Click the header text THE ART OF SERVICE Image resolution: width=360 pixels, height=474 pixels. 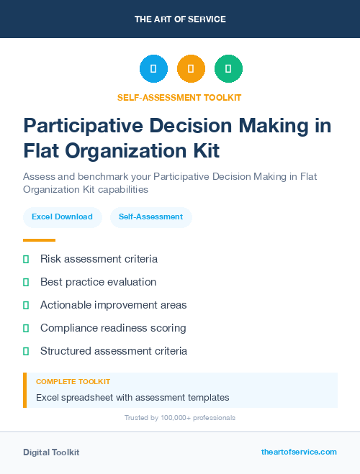point(180,19)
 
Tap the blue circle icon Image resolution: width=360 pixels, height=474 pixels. point(153,69)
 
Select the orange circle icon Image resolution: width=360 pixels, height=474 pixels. point(191,69)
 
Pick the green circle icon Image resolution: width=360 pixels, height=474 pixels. point(228,69)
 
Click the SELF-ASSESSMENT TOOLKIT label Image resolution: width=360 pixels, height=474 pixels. point(179,97)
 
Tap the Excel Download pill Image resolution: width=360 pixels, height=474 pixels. point(62,217)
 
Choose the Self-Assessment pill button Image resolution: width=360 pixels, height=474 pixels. point(150,217)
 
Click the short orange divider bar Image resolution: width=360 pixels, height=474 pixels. point(39,240)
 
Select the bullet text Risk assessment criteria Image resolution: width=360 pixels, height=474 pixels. point(99,259)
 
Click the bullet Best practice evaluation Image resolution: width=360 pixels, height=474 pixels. point(98,282)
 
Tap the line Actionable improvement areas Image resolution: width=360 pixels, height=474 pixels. point(113,305)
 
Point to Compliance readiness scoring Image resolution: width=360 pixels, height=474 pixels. point(113,328)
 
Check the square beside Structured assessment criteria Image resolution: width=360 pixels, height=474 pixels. point(26,351)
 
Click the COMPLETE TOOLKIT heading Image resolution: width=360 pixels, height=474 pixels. point(73,382)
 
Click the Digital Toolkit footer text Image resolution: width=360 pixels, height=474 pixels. point(51,452)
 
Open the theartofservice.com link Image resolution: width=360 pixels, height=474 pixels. point(299,452)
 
